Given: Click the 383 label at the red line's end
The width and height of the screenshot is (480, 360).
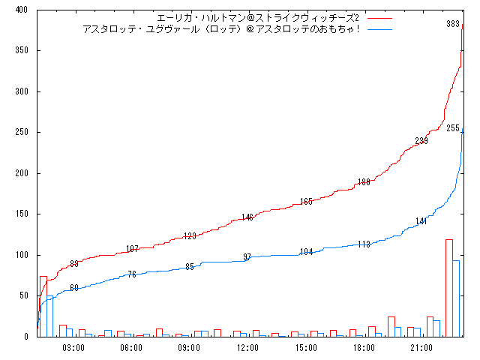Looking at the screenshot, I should pyautogui.click(x=453, y=24).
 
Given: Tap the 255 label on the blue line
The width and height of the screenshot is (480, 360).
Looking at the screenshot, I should pyautogui.click(x=453, y=128).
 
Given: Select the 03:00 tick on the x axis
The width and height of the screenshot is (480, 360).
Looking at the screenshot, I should pyautogui.click(x=73, y=348).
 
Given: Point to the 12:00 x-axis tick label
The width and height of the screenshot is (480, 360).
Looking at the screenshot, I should pyautogui.click(x=247, y=348).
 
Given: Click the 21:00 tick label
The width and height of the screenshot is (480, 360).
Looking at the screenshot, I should pyautogui.click(x=421, y=348).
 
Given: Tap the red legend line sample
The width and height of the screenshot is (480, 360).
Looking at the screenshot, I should pyautogui.click(x=380, y=18).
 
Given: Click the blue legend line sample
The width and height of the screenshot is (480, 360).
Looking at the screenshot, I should pyautogui.click(x=380, y=28).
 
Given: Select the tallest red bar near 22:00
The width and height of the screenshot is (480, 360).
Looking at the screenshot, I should pyautogui.click(x=448, y=288).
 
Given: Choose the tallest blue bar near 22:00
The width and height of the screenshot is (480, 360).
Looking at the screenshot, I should pyautogui.click(x=456, y=298).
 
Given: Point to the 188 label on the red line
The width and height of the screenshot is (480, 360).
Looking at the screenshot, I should pyautogui.click(x=364, y=182).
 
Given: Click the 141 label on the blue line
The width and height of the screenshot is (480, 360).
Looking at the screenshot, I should pyautogui.click(x=421, y=221).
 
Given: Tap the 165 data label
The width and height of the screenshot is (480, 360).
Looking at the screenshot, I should pyautogui.click(x=306, y=202).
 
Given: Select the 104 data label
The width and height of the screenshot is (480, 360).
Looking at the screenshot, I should pyautogui.click(x=306, y=252).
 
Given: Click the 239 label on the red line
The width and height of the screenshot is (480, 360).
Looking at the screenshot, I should pyautogui.click(x=421, y=141).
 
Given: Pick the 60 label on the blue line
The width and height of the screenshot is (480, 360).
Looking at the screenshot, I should pyautogui.click(x=73, y=288).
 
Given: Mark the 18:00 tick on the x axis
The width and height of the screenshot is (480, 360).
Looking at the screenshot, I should pyautogui.click(x=364, y=348).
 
